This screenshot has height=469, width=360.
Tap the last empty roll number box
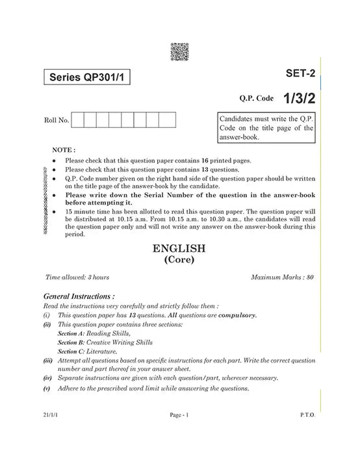pyautogui.click(x=168, y=120)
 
